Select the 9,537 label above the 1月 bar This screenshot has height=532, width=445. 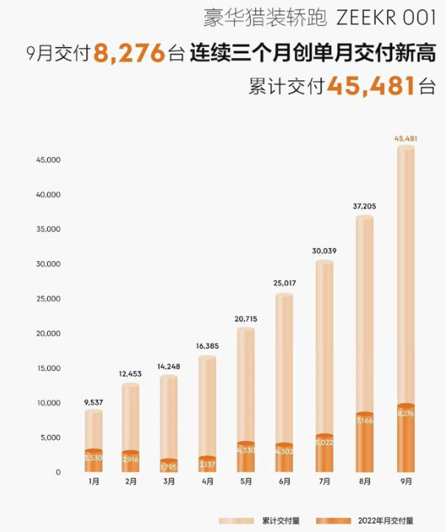[93, 402]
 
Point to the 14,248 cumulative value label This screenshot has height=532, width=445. [168, 366]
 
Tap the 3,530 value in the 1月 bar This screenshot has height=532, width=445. [93, 457]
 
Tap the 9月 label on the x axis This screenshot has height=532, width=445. [406, 483]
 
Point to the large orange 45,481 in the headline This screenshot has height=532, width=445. [368, 87]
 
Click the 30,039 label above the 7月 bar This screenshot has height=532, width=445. [325, 251]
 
